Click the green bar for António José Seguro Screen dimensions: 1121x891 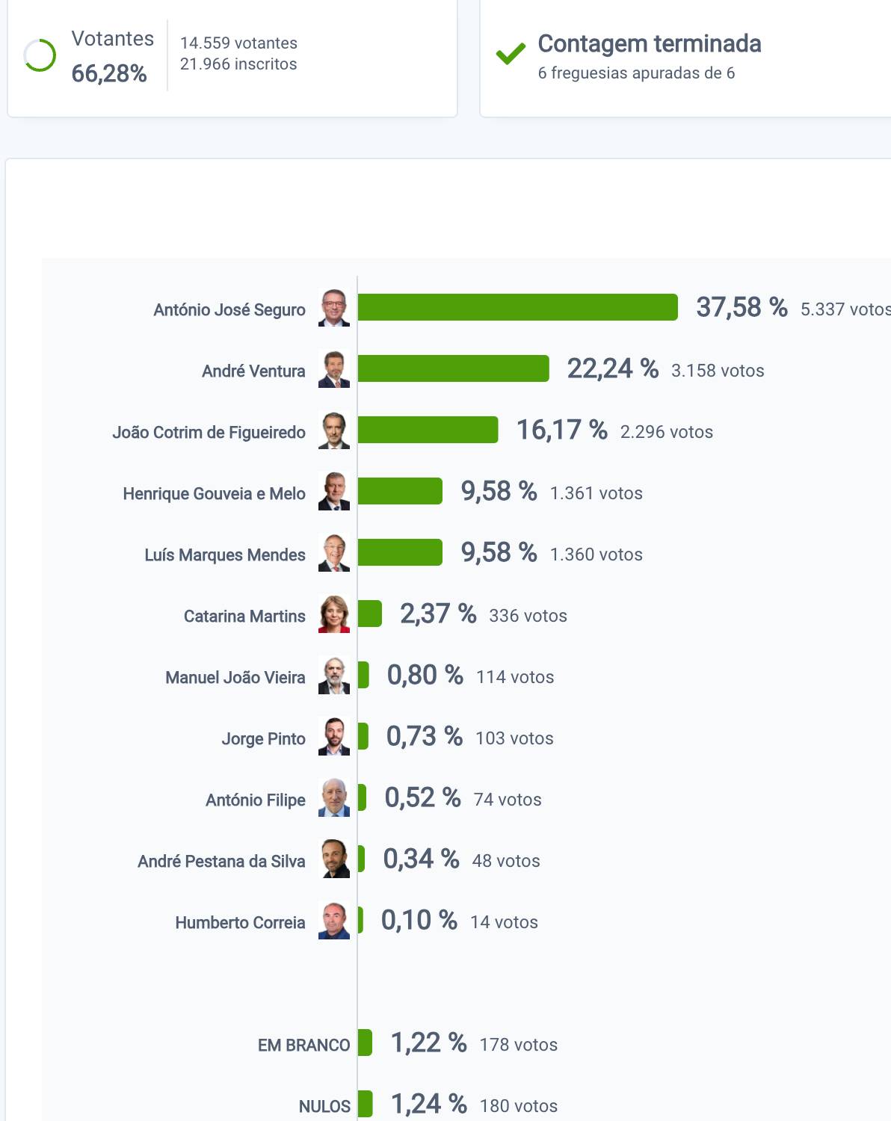click(517, 307)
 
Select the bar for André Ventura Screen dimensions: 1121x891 click(453, 368)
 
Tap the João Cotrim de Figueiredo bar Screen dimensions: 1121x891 click(428, 430)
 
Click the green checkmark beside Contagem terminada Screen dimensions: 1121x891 click(511, 54)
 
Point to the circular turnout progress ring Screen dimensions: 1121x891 click(40, 55)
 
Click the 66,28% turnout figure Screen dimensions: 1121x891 click(109, 73)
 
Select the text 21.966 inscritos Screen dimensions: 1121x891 click(238, 64)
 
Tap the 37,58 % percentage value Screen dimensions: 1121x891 click(741, 307)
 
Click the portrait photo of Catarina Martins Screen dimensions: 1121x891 click(334, 614)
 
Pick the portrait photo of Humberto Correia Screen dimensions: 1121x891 click(334, 921)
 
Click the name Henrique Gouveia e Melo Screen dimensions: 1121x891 click(214, 494)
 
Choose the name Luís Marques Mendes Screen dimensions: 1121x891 click(225, 555)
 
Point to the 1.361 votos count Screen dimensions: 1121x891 click(596, 493)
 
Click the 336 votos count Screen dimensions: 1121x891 click(528, 616)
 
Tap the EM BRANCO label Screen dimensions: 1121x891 click(303, 1045)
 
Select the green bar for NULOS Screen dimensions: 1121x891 click(365, 1104)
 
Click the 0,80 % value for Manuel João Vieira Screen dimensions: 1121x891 click(425, 675)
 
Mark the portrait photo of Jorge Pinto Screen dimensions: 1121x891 click(334, 737)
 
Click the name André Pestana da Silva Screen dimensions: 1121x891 click(221, 862)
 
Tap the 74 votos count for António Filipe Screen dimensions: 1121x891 click(508, 800)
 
